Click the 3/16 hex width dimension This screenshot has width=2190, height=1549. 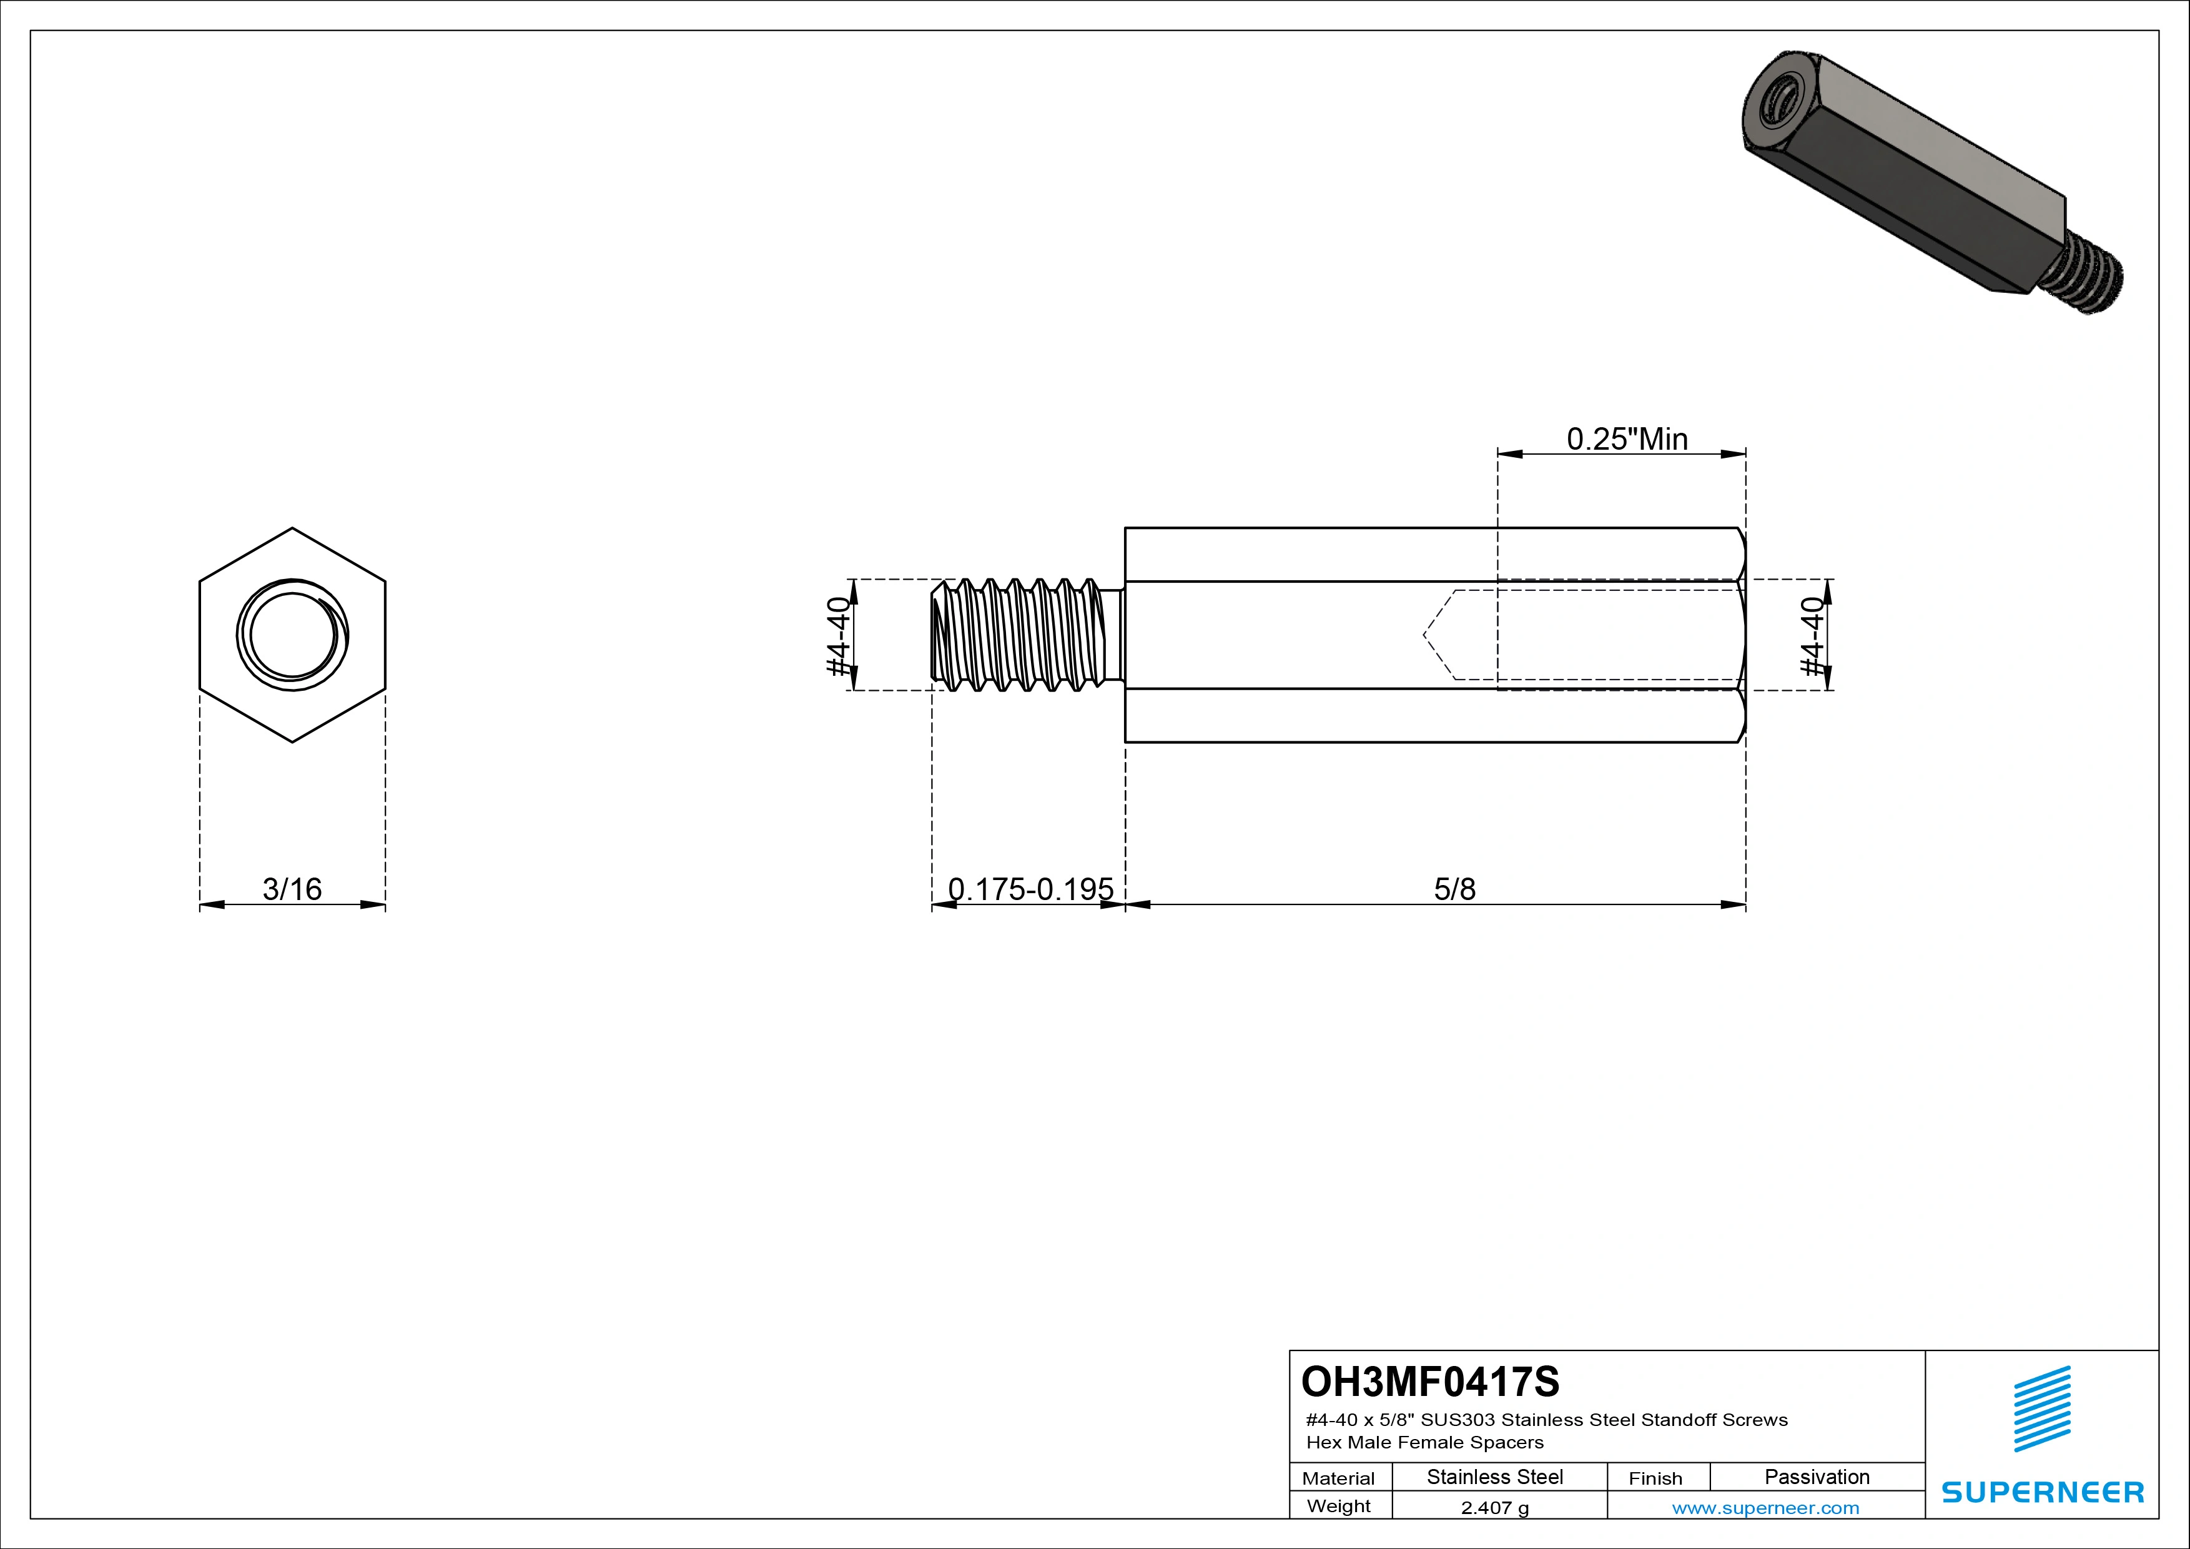point(292,889)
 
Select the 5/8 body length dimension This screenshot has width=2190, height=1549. point(1454,889)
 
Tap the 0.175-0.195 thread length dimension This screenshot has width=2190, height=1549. point(1030,889)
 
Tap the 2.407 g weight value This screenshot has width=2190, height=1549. point(1494,1508)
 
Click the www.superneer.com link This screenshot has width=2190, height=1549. point(1765,1508)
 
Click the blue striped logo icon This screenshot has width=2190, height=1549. point(2041,1409)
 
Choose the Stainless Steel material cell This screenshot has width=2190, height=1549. point(1494,1477)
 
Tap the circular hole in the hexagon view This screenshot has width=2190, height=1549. point(292,635)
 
